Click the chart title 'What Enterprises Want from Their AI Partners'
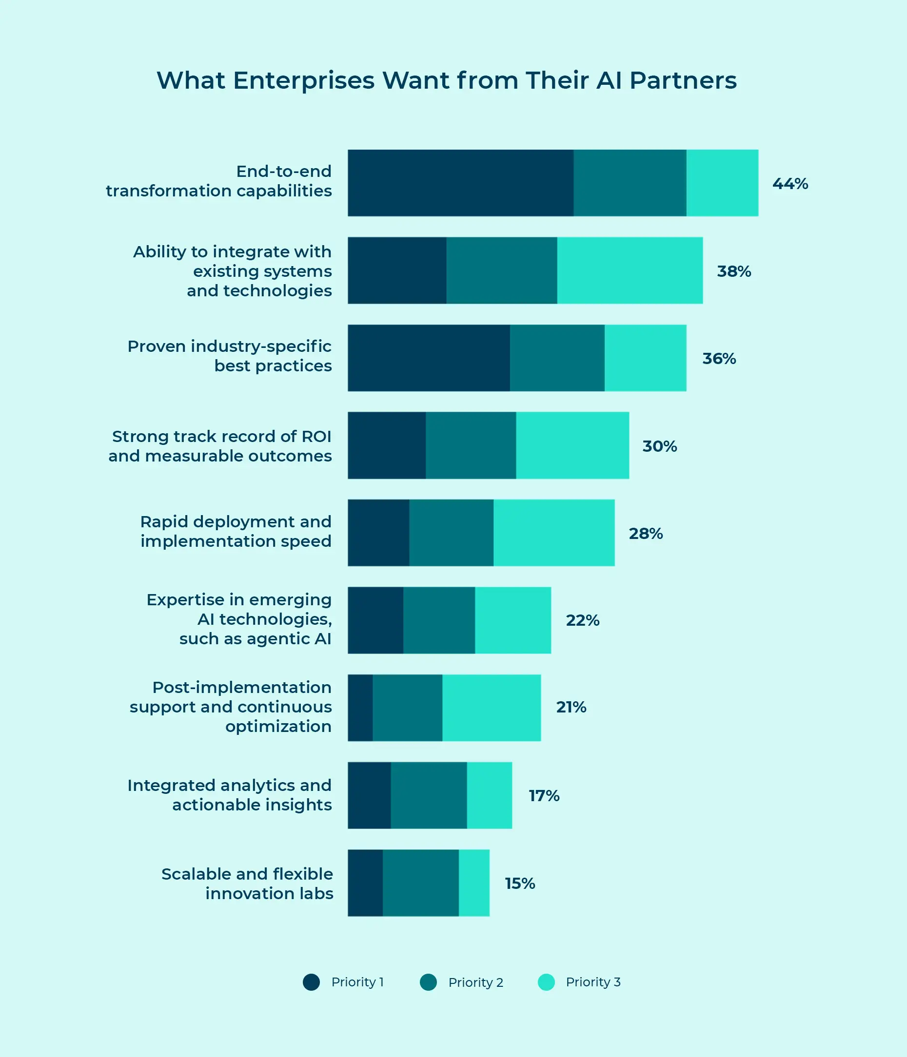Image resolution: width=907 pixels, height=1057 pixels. click(x=447, y=80)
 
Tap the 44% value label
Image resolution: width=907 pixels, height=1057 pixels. click(x=790, y=184)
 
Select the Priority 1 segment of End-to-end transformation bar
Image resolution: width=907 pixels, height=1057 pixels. click(x=460, y=183)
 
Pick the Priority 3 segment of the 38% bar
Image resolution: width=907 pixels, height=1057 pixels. click(x=630, y=270)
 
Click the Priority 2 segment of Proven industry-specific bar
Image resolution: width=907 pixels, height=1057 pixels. click(x=557, y=358)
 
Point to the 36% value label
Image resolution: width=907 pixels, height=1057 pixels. click(x=719, y=359)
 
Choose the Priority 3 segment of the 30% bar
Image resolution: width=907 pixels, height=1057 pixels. click(x=572, y=445)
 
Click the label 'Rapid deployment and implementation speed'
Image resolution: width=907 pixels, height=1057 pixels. click(x=236, y=531)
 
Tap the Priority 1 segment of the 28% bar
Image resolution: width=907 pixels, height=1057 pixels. click(x=378, y=533)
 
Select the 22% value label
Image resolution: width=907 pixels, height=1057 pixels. click(x=582, y=620)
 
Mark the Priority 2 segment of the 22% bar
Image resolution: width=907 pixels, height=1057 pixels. click(x=439, y=620)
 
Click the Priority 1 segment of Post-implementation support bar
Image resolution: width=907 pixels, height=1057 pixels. click(x=360, y=708)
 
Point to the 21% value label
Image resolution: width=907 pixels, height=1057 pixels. click(x=571, y=707)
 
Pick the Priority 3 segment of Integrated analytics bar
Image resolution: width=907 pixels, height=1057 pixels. click(x=490, y=795)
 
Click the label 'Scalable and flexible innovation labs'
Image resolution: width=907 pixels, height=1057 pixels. click(x=247, y=884)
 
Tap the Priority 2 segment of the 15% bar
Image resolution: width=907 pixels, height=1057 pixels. click(x=420, y=883)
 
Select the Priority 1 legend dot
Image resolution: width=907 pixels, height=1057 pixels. click(x=311, y=982)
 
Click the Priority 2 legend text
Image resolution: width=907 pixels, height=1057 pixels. click(x=476, y=982)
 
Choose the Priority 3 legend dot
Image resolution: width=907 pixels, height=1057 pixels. click(x=546, y=982)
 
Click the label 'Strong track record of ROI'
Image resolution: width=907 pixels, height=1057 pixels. click(x=221, y=437)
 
